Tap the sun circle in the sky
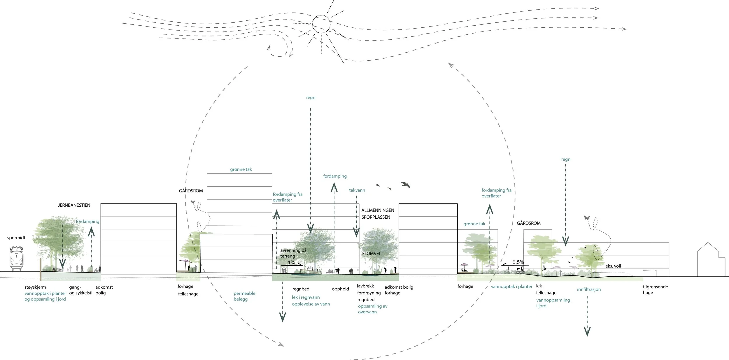(x=321, y=24)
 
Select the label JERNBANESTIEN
(x=74, y=205)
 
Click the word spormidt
(x=16, y=238)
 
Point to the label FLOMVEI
(x=371, y=254)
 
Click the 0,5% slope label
(x=518, y=262)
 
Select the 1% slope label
(x=291, y=262)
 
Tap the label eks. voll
(x=613, y=266)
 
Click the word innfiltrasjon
(x=589, y=289)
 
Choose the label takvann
(x=357, y=190)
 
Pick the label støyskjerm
(x=35, y=287)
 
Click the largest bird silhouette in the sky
(x=405, y=185)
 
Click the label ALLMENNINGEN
(x=378, y=210)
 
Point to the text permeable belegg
(x=244, y=296)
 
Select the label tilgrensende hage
(x=655, y=289)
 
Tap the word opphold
(x=340, y=289)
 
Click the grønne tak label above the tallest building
(x=241, y=169)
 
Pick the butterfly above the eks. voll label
(x=587, y=218)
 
